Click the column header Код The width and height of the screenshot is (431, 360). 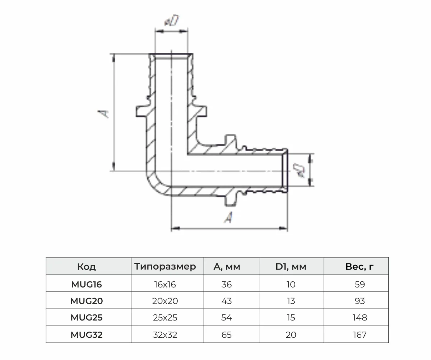coord(87,267)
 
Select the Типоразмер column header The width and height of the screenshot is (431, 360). coord(165,267)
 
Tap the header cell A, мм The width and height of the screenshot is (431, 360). coord(227,267)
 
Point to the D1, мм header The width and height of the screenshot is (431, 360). coord(291,267)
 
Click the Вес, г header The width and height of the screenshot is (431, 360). coord(360,267)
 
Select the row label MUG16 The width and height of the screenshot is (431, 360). coord(87,285)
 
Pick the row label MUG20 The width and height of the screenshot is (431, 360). coord(87,301)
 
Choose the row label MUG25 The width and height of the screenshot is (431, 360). coord(87,318)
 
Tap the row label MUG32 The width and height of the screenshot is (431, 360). coord(87,335)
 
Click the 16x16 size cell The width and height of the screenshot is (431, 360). coord(165,285)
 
